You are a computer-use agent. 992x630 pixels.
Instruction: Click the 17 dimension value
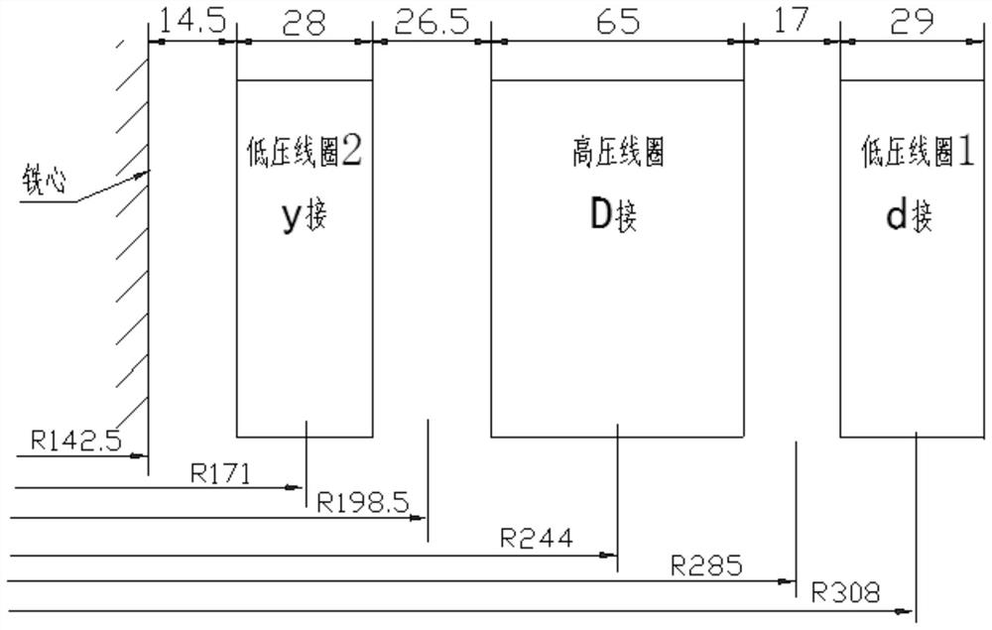pos(791,20)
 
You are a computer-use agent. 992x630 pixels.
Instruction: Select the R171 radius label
pos(221,472)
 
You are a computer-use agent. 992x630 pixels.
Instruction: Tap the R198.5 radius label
pos(363,502)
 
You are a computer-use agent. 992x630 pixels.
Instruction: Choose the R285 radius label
pos(705,567)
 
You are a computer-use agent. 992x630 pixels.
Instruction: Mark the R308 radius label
pos(845,594)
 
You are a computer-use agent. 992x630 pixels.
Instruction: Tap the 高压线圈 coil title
pos(617,154)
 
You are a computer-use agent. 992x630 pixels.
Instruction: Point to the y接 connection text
pos(304,216)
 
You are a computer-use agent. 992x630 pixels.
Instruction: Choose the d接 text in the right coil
pos(909,216)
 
